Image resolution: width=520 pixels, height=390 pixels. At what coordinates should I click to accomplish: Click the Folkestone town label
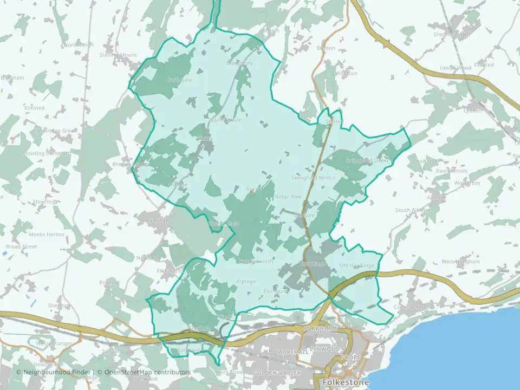346,382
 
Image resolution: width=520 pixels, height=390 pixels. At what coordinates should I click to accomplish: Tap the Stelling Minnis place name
118,55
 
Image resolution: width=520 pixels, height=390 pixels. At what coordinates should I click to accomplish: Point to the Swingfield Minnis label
313,178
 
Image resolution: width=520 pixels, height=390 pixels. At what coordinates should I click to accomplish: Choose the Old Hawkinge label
356,265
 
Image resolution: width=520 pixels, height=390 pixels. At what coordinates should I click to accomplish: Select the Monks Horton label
46,235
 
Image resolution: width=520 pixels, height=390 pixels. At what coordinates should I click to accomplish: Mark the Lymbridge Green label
55,131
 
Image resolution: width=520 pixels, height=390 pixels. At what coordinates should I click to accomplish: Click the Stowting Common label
45,154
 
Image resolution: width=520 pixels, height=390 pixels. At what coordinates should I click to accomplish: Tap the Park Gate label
179,80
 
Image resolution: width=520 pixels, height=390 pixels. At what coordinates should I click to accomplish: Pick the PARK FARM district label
320,329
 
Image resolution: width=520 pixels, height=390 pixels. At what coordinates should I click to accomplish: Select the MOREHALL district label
292,352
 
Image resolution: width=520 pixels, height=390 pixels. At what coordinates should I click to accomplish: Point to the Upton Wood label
455,68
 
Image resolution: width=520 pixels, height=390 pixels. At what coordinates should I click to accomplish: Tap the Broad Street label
22,246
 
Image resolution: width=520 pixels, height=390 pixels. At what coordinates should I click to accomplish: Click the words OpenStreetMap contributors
147,372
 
